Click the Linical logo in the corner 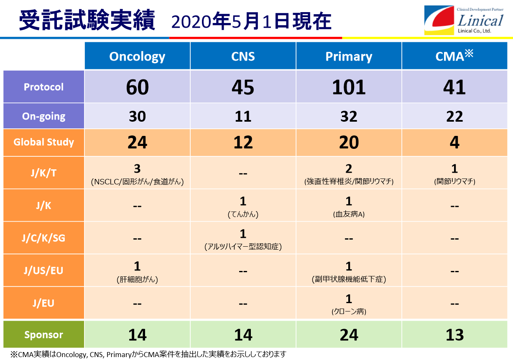[464, 20]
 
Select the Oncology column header [138, 56]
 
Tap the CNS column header [243, 56]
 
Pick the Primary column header [349, 56]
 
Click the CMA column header [454, 56]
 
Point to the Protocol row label [44, 87]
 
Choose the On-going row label [44, 116]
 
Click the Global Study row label [44, 143]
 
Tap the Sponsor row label [44, 334]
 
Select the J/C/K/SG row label [44, 238]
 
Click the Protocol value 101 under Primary [349, 87]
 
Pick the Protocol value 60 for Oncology [138, 87]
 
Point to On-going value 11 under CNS [243, 116]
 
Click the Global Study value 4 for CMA [454, 143]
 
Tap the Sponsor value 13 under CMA [454, 335]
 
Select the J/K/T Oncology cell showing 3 [138, 173]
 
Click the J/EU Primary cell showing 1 [349, 303]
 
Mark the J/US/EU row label [44, 271]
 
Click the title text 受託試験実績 [87, 20]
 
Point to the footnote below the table [148, 354]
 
